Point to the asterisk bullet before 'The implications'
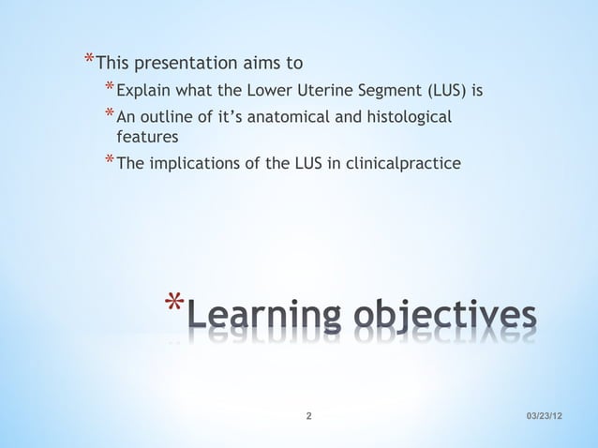point(110,163)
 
